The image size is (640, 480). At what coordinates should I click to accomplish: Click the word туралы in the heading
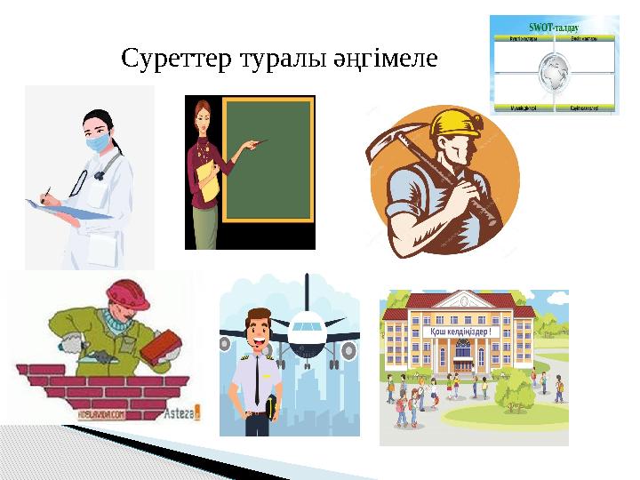coord(264,60)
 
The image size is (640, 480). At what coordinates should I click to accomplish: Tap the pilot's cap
coord(259,316)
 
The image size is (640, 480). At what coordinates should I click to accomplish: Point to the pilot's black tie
coord(258,382)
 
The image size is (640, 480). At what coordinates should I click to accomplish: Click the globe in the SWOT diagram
coord(553,72)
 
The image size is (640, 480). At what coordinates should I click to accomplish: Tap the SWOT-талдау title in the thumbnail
coord(554,28)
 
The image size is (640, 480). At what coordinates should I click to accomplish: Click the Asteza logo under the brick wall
coord(183,412)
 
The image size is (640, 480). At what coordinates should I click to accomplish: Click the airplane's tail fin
coord(307,289)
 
